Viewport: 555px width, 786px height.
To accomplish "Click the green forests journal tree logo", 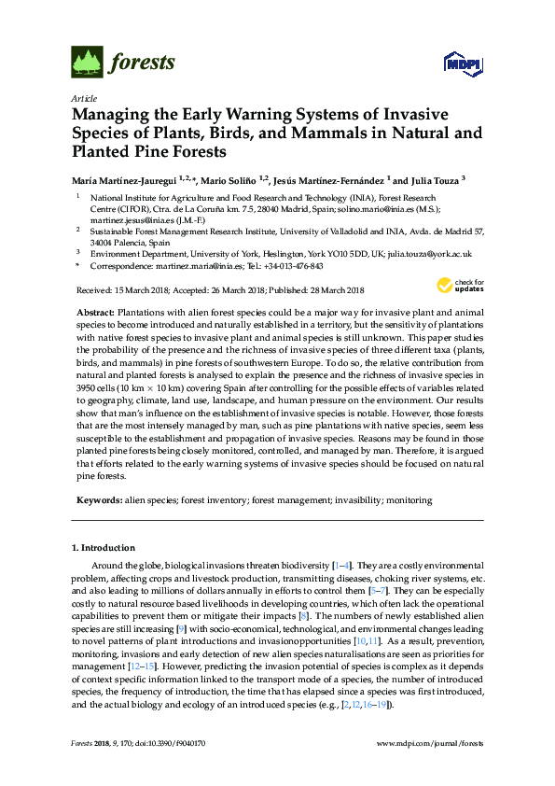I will pos(86,63).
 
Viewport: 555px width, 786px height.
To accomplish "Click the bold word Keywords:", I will pos(97,500).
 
